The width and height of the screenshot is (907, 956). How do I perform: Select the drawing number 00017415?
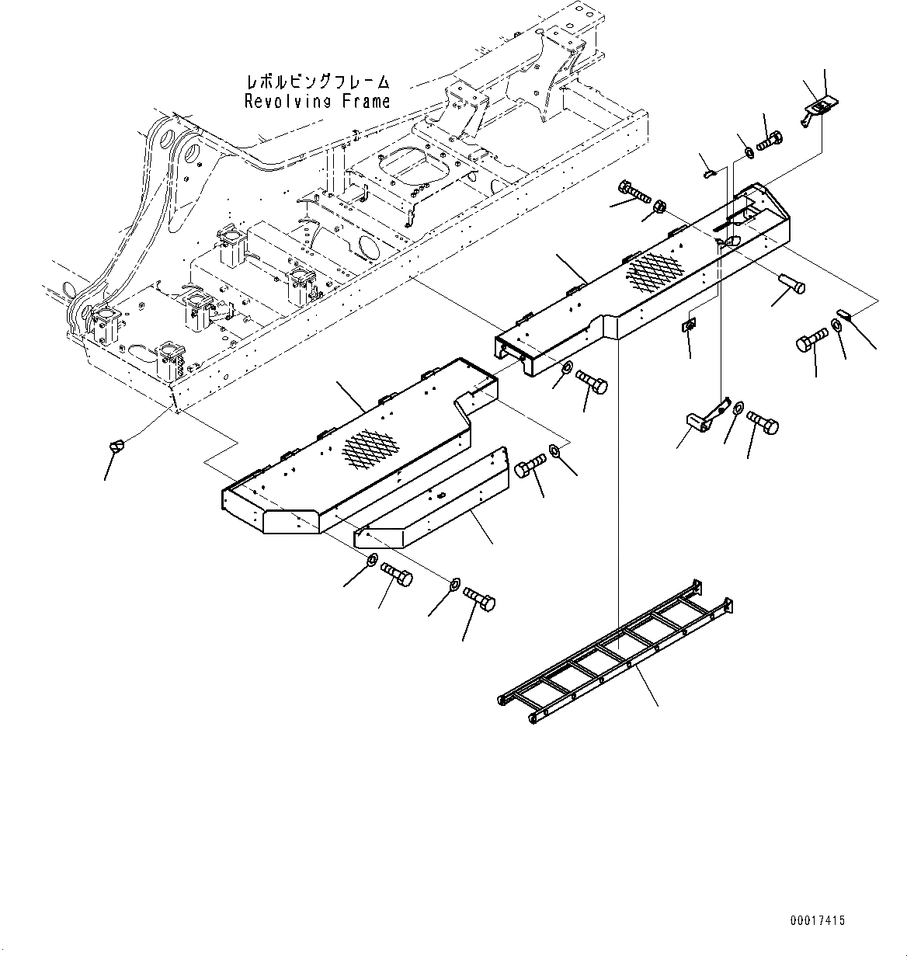coord(817,920)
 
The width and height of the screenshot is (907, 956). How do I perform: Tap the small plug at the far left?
coord(117,445)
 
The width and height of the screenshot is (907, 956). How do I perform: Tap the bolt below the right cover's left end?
coord(593,381)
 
